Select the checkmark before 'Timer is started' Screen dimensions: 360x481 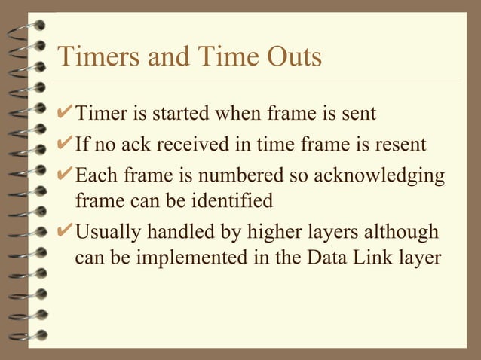(x=66, y=114)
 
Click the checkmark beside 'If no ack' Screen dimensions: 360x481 (x=66, y=143)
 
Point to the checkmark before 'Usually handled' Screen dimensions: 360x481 (x=66, y=229)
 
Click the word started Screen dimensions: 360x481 (x=185, y=115)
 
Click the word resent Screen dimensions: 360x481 (x=400, y=144)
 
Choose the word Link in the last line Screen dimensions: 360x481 (x=372, y=258)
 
